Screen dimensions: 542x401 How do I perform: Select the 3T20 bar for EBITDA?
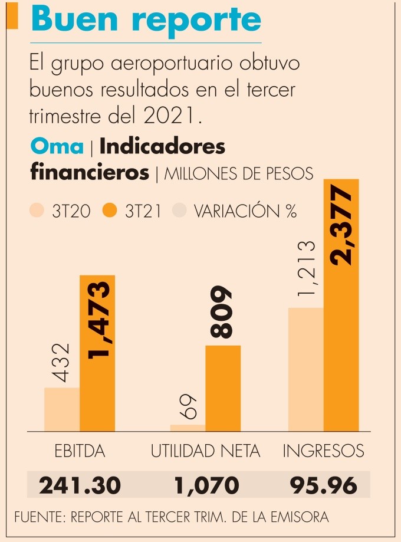[62, 409]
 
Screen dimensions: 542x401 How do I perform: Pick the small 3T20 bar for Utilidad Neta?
[188, 428]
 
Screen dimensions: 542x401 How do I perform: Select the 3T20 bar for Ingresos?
[305, 369]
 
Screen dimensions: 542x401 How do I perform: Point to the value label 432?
[61, 363]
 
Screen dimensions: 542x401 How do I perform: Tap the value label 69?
[188, 406]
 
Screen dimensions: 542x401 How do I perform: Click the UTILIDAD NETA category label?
[205, 452]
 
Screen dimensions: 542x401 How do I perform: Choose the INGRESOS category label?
[323, 452]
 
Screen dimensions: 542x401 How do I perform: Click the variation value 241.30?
[80, 485]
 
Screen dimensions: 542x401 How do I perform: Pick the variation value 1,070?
[206, 485]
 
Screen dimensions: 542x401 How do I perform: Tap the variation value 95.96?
[324, 485]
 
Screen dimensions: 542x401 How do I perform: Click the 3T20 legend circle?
[37, 210]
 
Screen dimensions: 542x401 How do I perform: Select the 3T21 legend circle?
[110, 210]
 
